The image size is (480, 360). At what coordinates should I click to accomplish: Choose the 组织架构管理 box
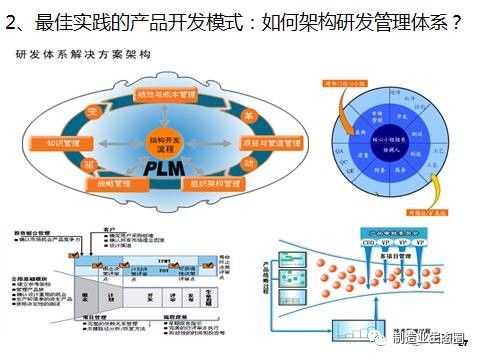[211, 184]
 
